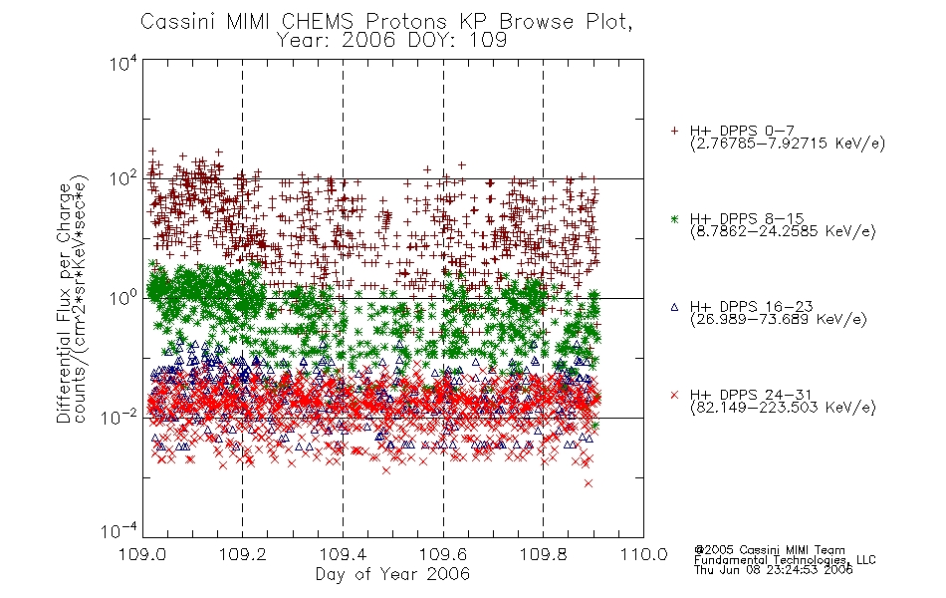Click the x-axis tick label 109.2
(x=243, y=554)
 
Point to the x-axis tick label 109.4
(x=343, y=554)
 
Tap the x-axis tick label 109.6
(x=443, y=554)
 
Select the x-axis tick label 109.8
(x=543, y=554)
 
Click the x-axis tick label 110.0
(x=643, y=554)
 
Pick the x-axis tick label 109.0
(x=142, y=554)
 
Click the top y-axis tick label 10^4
(x=123, y=63)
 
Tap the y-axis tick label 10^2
(x=123, y=179)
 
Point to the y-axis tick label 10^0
(x=123, y=298)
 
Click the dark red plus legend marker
(x=674, y=131)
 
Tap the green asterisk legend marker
(x=674, y=218)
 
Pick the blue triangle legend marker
(x=674, y=307)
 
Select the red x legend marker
(x=674, y=395)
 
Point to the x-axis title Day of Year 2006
(x=392, y=574)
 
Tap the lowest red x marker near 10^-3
(x=589, y=483)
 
